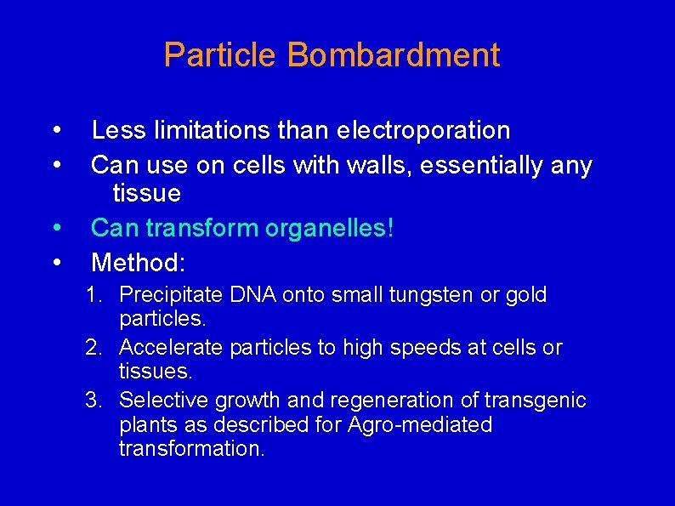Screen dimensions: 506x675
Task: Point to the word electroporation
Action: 423,130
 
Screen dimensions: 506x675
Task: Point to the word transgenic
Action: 541,400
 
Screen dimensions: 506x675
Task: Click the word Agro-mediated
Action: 420,424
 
